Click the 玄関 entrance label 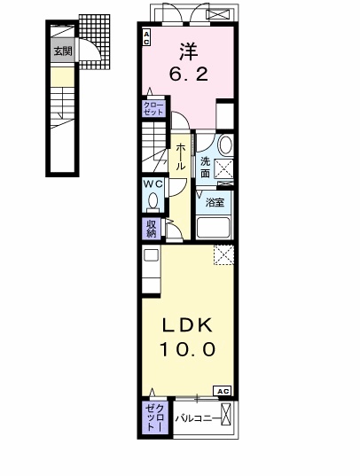[63, 51]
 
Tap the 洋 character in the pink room [188, 52]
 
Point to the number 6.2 [189, 74]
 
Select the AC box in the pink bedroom [146, 37]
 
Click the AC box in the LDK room [223, 391]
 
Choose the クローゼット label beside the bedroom [153, 109]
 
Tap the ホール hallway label [181, 157]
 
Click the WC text [153, 183]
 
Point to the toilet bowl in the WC [153, 200]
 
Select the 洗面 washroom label [205, 167]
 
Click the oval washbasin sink [225, 144]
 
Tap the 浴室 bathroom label [215, 202]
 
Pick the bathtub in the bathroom [214, 228]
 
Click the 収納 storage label [152, 229]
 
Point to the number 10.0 [187, 349]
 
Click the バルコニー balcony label [198, 419]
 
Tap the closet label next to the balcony [155, 417]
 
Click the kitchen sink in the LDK [151, 255]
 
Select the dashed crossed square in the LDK [224, 255]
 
